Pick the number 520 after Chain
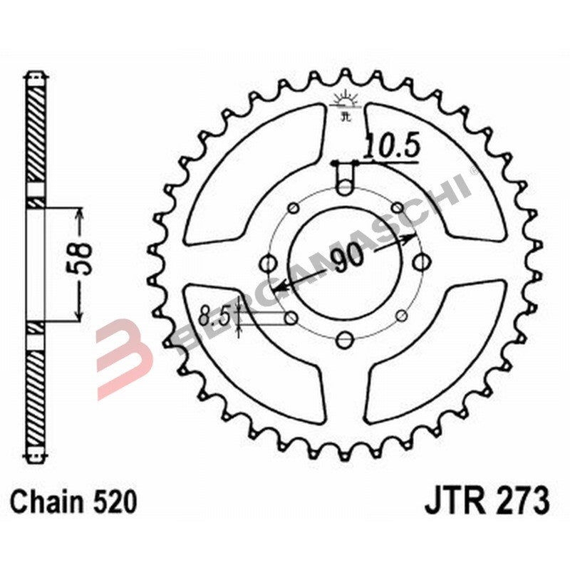point(115,503)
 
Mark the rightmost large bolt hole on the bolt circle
point(423,262)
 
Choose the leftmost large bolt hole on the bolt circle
point(267,264)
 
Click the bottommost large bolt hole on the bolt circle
point(345,339)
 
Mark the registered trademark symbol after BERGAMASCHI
point(474,172)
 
